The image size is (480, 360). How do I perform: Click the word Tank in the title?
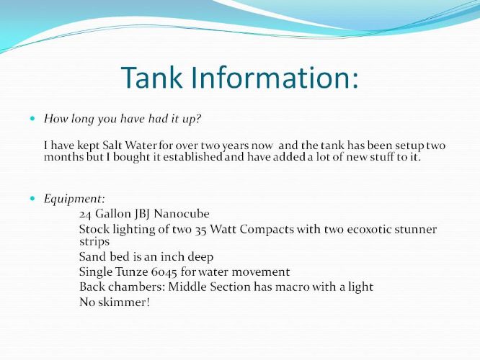coord(152,77)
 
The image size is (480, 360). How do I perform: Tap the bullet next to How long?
coord(32,118)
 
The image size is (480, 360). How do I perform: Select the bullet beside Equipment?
coord(32,199)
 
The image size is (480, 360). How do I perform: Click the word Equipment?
coord(74,199)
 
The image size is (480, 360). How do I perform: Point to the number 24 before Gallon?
coord(86,214)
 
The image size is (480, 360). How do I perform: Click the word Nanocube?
coord(182,214)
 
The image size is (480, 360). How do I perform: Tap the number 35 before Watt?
coord(201,230)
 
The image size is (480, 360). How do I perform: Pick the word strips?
coord(94,242)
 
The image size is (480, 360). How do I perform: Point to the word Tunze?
coord(132,271)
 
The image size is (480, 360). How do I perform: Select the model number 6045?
coord(164,272)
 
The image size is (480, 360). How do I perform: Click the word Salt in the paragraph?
coord(112,145)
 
